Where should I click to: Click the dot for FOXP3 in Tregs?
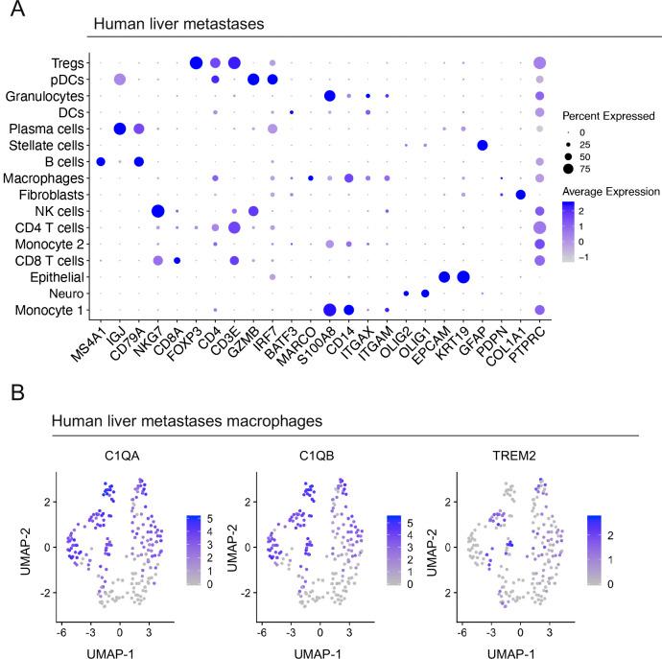[197, 63]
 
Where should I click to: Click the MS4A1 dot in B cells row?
[101, 161]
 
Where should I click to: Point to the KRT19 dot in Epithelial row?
[463, 276]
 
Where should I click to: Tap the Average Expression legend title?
[609, 191]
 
